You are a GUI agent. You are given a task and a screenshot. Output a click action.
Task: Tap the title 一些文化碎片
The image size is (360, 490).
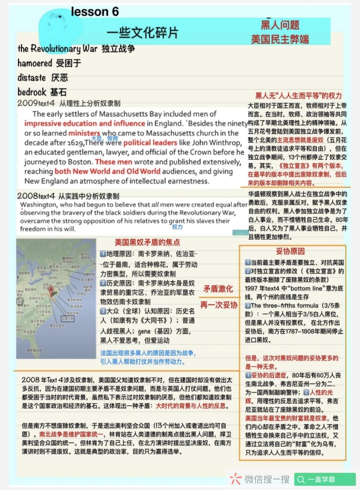pyautogui.click(x=143, y=32)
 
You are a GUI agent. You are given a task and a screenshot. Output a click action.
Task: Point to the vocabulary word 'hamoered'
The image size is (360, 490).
pyautogui.click(x=35, y=63)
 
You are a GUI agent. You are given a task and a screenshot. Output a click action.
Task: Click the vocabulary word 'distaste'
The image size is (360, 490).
pyautogui.click(x=32, y=77)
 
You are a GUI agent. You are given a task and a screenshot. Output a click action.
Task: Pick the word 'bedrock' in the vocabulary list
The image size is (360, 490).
pyautogui.click(x=32, y=92)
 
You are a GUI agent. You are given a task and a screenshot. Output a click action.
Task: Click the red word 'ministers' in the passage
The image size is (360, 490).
pyautogui.click(x=85, y=133)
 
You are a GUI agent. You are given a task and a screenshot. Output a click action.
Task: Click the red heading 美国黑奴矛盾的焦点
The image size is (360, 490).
pyautogui.click(x=147, y=242)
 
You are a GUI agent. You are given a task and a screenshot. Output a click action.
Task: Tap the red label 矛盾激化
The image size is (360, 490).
pyautogui.click(x=218, y=289)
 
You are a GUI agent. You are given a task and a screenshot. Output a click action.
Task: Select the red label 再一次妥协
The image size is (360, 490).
pyautogui.click(x=218, y=304)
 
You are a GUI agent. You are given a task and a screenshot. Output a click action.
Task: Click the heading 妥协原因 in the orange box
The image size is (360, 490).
pyautogui.click(x=290, y=251)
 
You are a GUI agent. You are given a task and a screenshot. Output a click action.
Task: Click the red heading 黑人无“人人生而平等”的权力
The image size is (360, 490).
pyautogui.click(x=298, y=95)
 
